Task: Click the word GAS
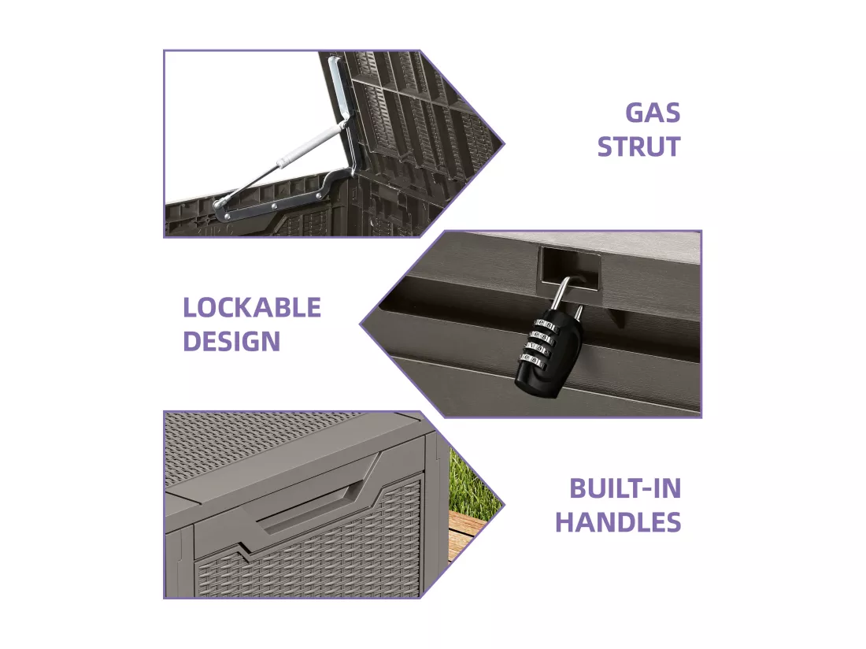point(653,113)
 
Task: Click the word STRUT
point(638,147)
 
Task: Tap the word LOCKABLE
point(252,308)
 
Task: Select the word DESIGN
point(231,341)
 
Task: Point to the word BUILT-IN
point(625,489)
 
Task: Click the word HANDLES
point(618,522)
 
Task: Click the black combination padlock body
point(549,354)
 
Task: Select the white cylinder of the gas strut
point(311,146)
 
